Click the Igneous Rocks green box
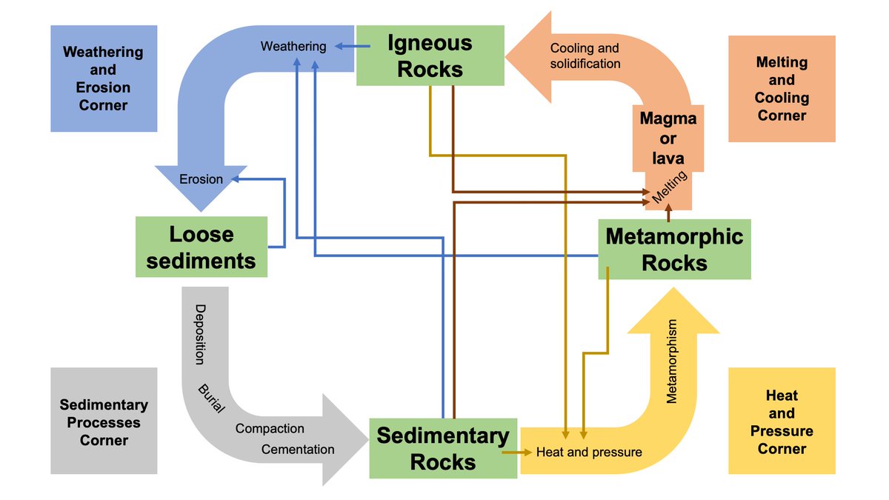point(430,56)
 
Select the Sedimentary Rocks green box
point(442,448)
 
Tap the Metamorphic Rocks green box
point(674,249)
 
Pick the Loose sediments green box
point(201,247)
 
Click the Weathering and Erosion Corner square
point(104,79)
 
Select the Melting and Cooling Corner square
point(782,89)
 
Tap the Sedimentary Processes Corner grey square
point(104,421)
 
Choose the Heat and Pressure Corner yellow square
point(782,421)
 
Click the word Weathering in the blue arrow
point(293,46)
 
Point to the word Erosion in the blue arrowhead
point(201,179)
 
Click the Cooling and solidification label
point(585,56)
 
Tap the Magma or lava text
point(668,139)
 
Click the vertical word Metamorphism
point(672,361)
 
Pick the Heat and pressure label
point(589,451)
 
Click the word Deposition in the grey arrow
point(199,334)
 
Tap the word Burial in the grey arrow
point(210,399)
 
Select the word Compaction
point(270,428)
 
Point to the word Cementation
point(298,449)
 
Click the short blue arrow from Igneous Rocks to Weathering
point(351,47)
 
